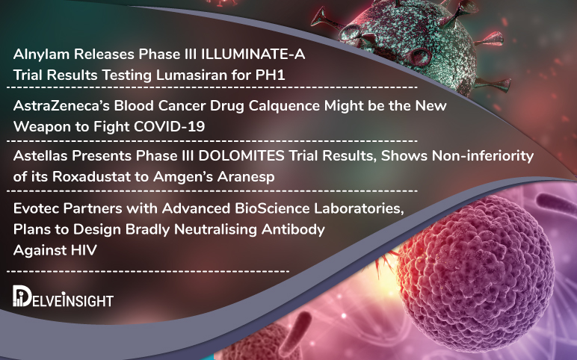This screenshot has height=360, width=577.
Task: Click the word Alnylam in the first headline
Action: point(40,55)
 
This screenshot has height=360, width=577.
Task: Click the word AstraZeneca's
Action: point(58,106)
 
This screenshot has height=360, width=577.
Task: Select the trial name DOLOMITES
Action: point(226,157)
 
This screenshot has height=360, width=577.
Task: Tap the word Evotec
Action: point(35,209)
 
